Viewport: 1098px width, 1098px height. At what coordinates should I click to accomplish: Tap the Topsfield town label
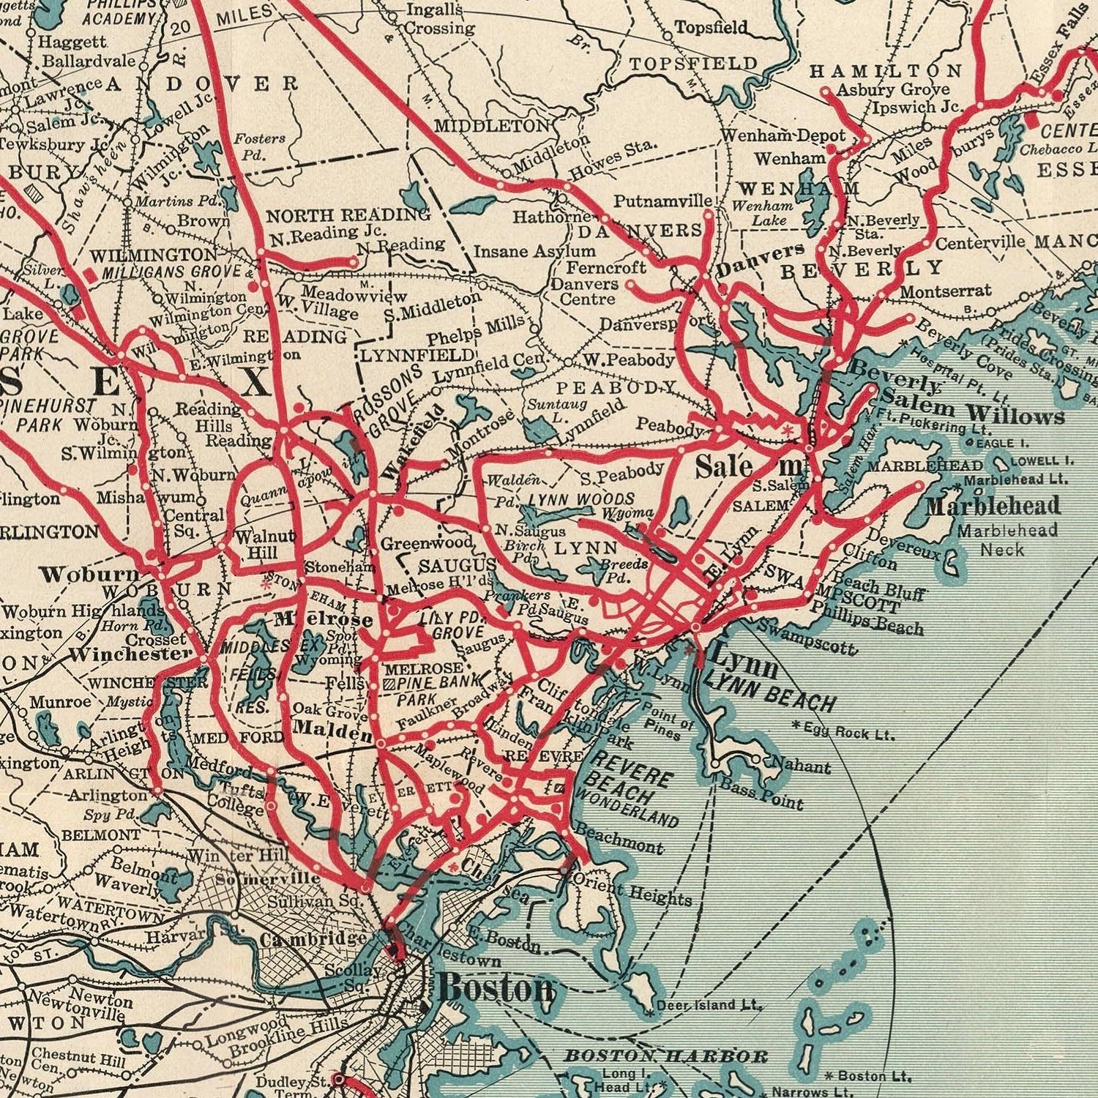[711, 28]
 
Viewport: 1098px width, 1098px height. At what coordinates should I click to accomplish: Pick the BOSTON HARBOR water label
[665, 1056]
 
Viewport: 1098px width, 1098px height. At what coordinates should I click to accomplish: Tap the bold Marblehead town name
[993, 506]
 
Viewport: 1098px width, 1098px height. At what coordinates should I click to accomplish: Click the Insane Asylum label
[534, 251]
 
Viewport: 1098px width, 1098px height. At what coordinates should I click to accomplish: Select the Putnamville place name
[662, 201]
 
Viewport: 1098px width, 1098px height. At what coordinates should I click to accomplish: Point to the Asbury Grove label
[893, 89]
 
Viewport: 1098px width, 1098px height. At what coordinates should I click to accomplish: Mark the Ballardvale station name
[89, 60]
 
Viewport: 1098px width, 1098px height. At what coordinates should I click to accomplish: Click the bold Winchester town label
[130, 654]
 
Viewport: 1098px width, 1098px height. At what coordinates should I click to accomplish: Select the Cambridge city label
[313, 939]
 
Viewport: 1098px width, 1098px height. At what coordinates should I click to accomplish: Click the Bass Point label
[762, 795]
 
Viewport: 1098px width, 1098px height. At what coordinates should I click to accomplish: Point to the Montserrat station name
[945, 291]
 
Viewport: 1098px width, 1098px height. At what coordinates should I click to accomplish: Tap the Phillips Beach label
[867, 617]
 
